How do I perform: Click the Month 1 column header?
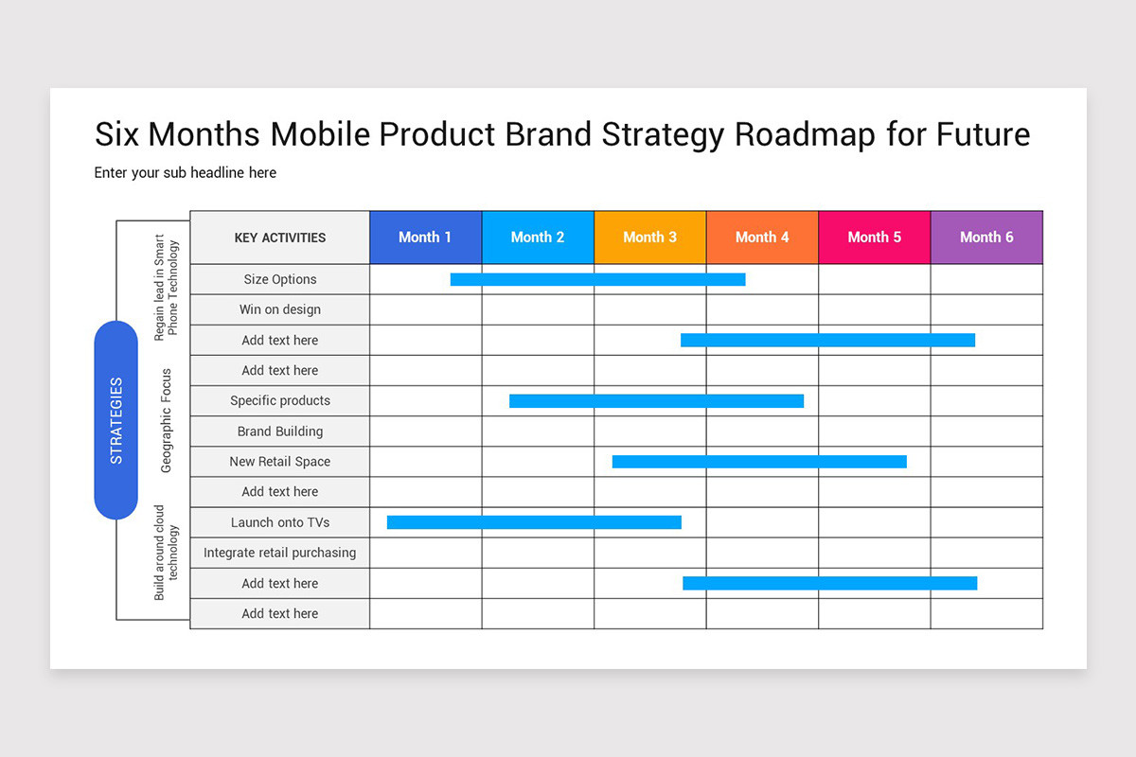(x=425, y=238)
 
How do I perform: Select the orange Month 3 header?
(x=649, y=238)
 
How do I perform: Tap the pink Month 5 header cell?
(x=874, y=238)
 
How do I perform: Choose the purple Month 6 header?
(x=986, y=238)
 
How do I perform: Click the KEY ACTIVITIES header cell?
(x=279, y=238)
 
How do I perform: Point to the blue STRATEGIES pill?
(x=116, y=420)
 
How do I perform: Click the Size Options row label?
(x=279, y=279)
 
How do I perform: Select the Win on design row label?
(x=279, y=309)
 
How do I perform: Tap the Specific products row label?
(x=279, y=400)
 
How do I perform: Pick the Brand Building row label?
(x=279, y=431)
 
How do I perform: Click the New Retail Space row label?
(x=279, y=462)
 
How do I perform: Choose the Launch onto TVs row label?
(x=279, y=522)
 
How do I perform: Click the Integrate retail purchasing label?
(x=279, y=553)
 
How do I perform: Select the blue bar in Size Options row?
(x=597, y=279)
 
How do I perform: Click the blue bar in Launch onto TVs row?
(x=534, y=522)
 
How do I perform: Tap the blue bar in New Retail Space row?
(x=759, y=462)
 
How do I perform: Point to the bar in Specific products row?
(x=656, y=401)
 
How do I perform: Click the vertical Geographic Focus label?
(x=167, y=420)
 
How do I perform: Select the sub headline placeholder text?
(x=185, y=173)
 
